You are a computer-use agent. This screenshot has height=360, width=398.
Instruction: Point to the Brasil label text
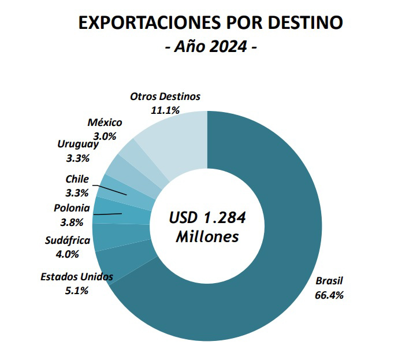tap(329, 281)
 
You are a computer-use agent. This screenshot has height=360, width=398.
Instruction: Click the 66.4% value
tap(329, 295)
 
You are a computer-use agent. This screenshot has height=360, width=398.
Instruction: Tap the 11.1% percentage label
tap(165, 110)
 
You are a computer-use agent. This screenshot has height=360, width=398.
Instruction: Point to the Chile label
tap(77, 179)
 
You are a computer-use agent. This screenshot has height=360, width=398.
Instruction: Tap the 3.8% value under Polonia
tap(72, 222)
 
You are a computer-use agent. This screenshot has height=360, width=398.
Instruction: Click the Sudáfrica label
tap(68, 240)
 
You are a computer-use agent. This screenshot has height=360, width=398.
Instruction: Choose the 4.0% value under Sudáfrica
tap(68, 254)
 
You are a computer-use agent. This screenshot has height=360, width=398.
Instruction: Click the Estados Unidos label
tap(76, 277)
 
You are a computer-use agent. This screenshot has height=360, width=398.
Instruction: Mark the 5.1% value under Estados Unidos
tap(76, 291)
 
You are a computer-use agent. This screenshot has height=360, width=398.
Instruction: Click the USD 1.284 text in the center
tap(207, 218)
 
